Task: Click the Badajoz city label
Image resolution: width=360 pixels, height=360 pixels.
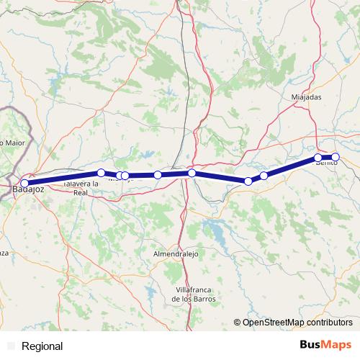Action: click(29, 190)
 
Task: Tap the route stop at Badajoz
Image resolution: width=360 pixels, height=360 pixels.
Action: click(24, 183)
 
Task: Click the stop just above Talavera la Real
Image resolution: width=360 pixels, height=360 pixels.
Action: click(101, 173)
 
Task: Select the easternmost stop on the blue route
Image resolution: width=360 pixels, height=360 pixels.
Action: click(336, 157)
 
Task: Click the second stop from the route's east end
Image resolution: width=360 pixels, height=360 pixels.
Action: click(318, 158)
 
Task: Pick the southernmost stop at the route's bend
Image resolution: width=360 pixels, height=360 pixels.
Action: click(248, 181)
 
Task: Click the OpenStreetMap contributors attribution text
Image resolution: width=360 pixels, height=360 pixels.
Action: click(297, 323)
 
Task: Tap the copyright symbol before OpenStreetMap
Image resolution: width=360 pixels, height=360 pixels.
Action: click(237, 323)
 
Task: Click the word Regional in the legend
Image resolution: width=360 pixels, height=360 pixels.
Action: click(42, 346)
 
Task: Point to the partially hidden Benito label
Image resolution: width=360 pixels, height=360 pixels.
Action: click(326, 165)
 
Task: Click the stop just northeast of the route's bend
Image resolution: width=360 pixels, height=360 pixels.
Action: click(264, 176)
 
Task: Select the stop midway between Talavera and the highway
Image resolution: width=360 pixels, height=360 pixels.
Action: click(158, 175)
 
